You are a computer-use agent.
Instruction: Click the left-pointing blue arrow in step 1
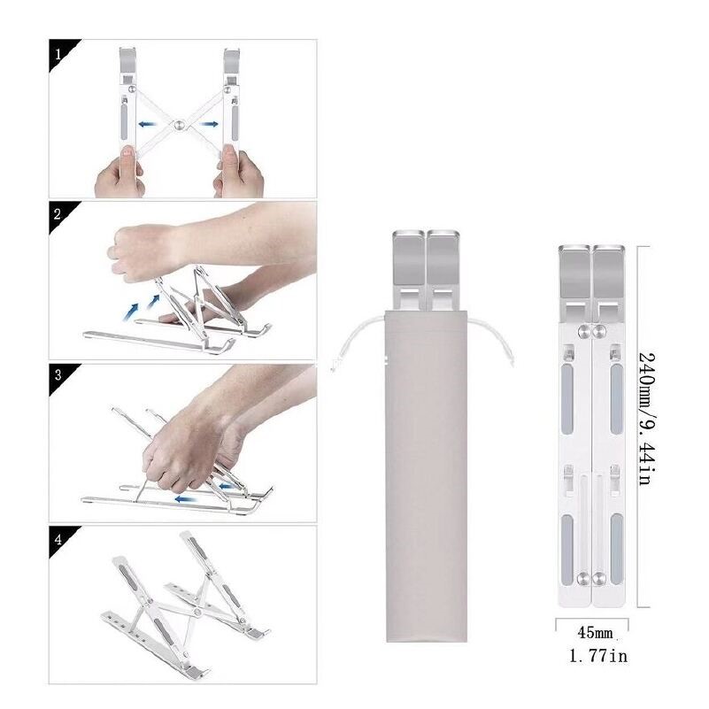148,124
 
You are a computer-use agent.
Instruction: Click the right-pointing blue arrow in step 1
210,124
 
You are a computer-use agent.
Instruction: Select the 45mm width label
595,632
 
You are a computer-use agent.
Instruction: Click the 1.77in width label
597,656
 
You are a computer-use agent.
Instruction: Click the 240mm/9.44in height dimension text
647,419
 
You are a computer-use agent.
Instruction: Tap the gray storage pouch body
426,475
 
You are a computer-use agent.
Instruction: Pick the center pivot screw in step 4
197,612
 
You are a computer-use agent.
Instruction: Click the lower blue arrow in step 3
185,498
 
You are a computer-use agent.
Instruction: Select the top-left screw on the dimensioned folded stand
583,331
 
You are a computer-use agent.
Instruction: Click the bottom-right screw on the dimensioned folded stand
599,578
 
